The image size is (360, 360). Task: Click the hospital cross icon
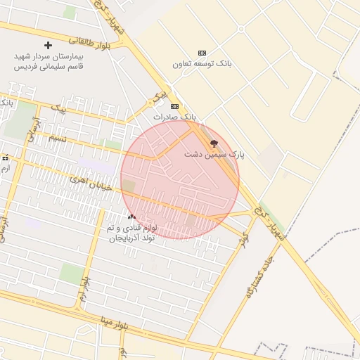pos(49,45)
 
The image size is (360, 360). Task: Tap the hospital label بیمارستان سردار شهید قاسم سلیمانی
pos(49,60)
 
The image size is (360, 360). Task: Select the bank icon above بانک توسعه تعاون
pos(202,53)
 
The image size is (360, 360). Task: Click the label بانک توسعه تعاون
pos(202,64)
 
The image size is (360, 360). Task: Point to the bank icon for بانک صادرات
pos(174,107)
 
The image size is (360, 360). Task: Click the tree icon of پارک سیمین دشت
pos(214,143)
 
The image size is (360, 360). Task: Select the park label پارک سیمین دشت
pos(214,154)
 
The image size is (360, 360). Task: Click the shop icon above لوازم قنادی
pos(131,217)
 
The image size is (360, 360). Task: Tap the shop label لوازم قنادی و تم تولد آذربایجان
pos(133,233)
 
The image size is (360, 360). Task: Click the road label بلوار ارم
pos(84,290)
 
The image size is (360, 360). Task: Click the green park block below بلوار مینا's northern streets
pos(70,273)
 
